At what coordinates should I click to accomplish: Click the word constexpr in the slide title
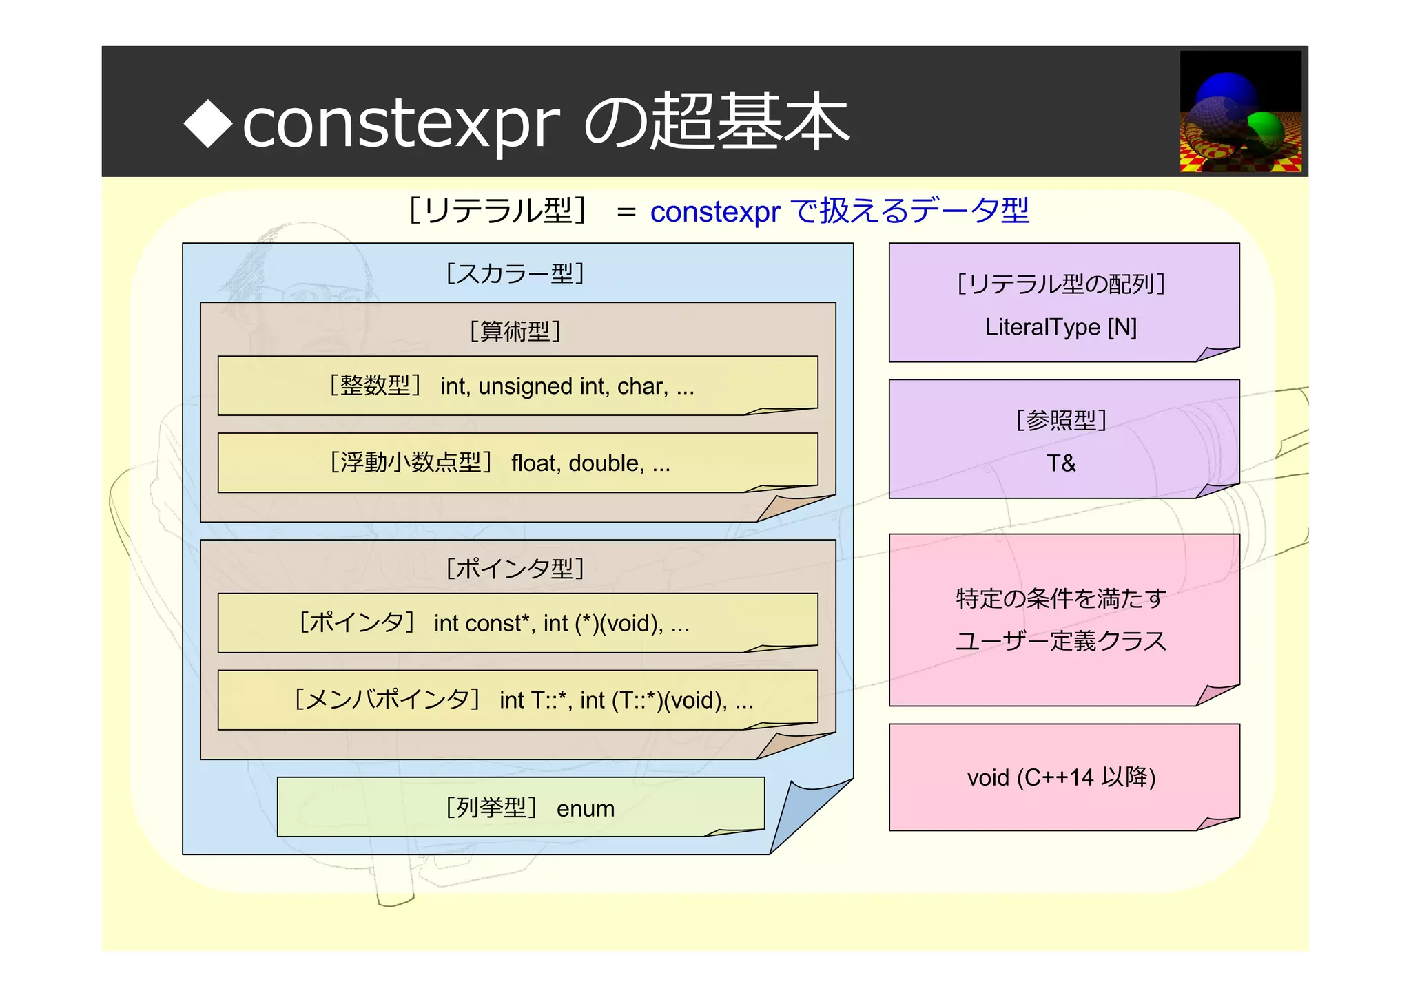401,124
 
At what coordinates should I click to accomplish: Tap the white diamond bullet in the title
208,123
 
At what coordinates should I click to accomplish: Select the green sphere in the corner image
1266,129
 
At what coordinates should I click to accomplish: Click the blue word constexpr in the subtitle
714,211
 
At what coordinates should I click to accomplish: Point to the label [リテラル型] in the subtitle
497,211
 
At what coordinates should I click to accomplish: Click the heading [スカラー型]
515,274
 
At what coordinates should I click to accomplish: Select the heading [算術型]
515,332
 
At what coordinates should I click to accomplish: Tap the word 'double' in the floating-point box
606,463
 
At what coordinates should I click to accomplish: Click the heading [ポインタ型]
515,569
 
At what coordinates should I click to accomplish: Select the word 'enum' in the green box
585,808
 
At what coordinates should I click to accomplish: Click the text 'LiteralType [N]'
1060,327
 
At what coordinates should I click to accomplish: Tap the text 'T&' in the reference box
1060,463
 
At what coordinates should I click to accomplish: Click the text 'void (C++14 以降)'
1061,777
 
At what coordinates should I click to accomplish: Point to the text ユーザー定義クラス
1061,641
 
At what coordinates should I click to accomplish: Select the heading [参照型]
1061,420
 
